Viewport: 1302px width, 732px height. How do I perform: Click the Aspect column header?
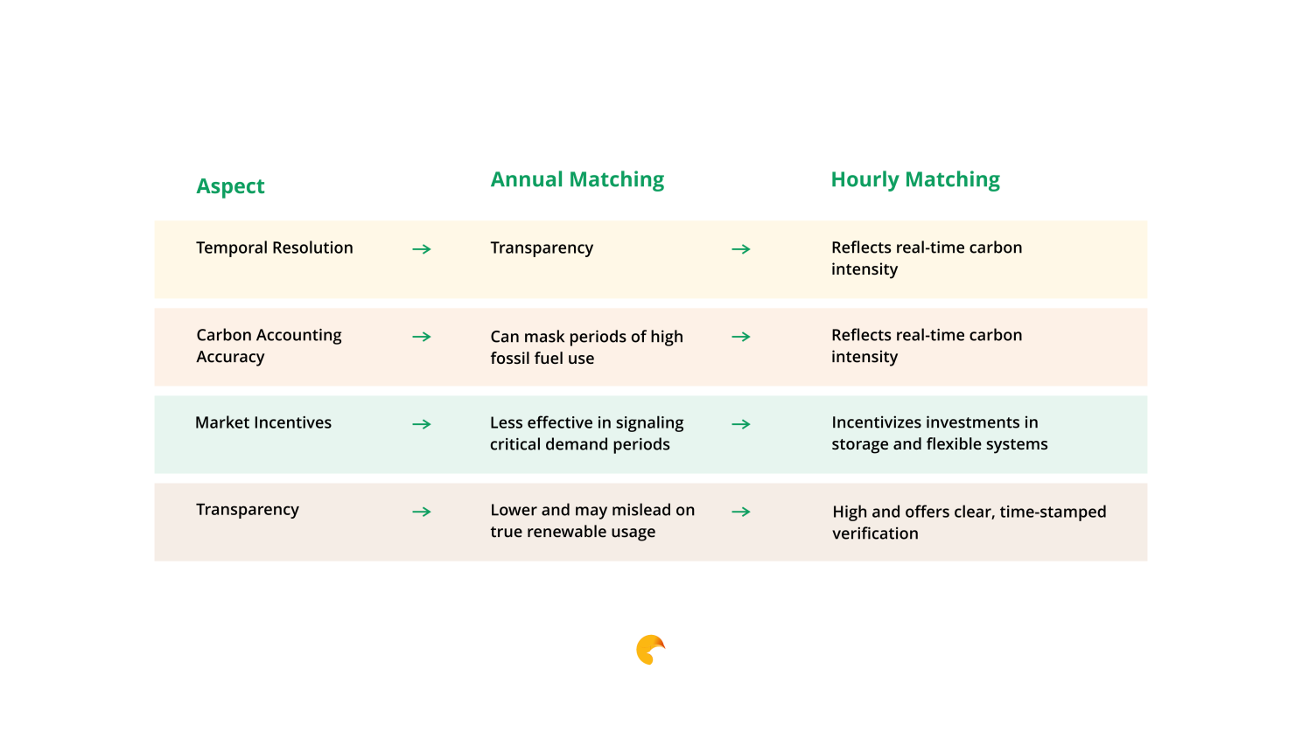230,186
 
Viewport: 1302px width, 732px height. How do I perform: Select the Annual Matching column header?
577,179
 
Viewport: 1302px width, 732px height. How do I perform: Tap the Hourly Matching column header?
915,179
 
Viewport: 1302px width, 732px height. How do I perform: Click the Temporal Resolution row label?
275,248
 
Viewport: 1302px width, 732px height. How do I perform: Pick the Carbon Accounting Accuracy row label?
269,345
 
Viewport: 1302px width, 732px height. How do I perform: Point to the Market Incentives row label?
263,422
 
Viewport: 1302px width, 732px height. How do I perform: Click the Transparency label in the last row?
248,510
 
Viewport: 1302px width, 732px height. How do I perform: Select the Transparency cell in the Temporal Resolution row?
542,248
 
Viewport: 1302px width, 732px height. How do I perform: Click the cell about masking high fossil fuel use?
586,347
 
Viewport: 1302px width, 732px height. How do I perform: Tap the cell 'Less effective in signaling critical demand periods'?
586,434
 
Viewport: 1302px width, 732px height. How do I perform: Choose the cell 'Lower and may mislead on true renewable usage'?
592,520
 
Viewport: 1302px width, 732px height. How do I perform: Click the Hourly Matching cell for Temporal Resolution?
927,259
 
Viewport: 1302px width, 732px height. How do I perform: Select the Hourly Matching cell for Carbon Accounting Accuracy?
927,345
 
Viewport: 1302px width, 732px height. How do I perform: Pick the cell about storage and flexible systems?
939,434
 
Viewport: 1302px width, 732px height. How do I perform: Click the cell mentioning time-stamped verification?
969,522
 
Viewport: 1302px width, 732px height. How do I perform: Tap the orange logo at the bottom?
649,650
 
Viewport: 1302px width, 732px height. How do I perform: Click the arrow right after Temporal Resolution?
422,249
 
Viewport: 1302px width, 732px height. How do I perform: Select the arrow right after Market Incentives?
422,424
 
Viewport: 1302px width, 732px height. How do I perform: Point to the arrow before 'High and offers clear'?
740,512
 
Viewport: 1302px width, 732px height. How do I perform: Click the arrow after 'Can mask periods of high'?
740,337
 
